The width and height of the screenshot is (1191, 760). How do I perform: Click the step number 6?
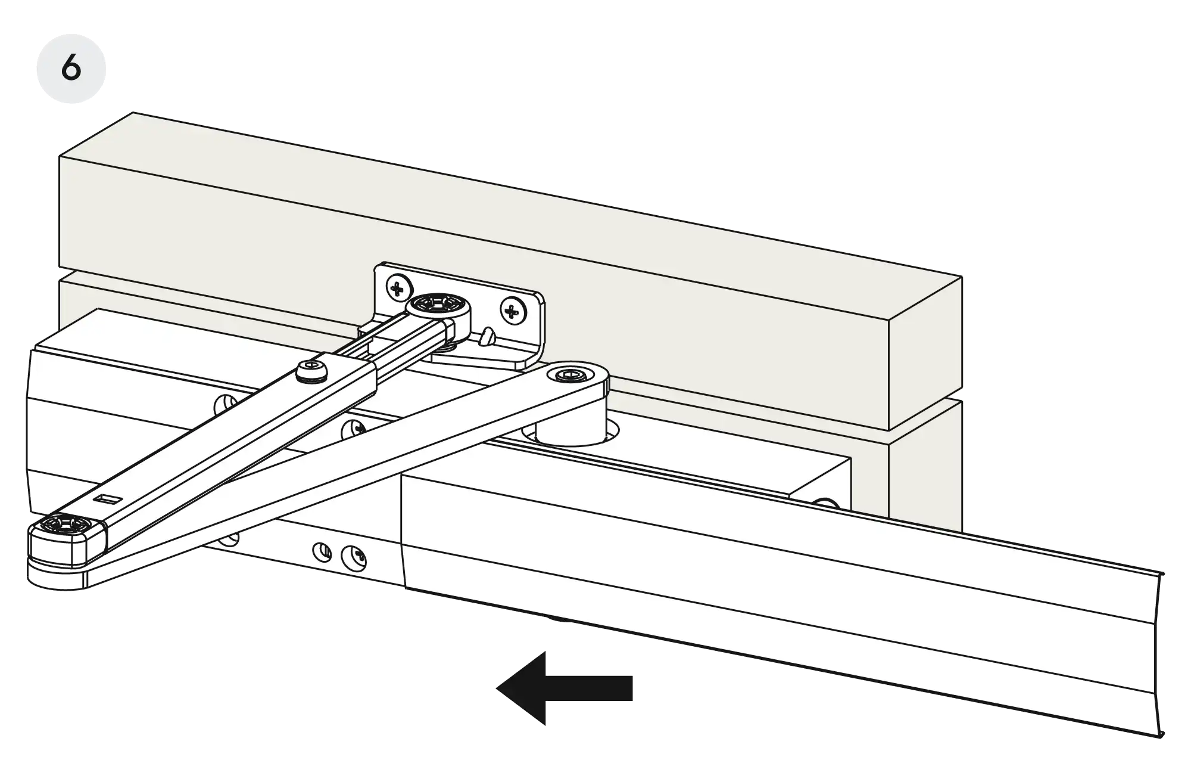[71, 69]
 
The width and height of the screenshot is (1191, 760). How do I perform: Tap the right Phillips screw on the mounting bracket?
[511, 310]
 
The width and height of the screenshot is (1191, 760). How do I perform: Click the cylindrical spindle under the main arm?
[570, 428]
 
